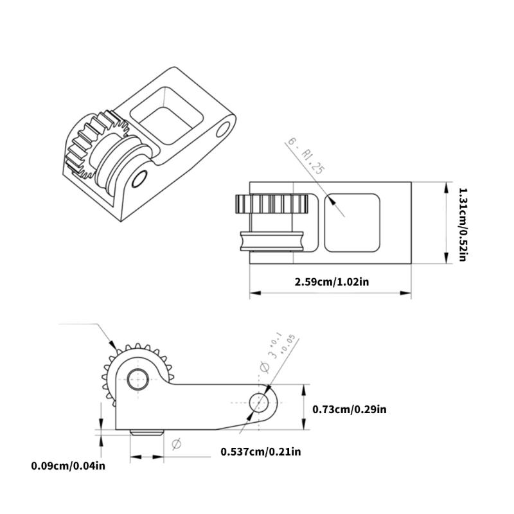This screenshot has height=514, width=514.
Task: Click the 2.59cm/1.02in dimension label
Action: [x=332, y=281]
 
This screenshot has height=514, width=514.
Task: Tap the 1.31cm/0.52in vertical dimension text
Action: [x=462, y=224]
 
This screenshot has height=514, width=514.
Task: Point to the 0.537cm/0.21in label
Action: [x=260, y=452]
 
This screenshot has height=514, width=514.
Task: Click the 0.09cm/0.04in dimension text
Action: [x=67, y=465]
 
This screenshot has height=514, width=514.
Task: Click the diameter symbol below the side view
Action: [x=177, y=443]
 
